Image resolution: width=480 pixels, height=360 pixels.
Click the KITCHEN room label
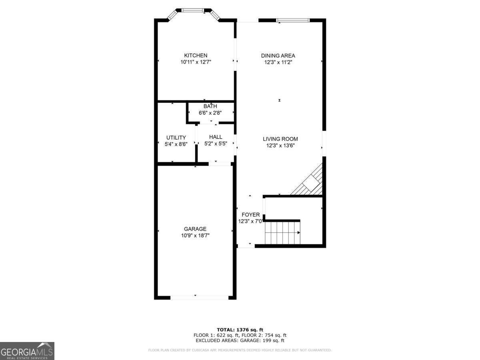tap(196, 56)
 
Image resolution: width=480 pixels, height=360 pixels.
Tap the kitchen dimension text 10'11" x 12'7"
tap(196, 62)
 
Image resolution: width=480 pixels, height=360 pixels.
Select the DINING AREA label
tap(278, 56)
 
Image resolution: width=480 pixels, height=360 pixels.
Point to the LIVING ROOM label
tap(280, 139)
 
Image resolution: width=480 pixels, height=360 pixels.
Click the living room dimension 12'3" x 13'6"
tap(280, 146)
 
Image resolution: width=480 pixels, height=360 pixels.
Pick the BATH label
tap(210, 106)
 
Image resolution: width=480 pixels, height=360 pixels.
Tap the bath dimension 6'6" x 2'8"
tap(210, 113)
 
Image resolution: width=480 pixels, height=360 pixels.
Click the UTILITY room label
tap(176, 138)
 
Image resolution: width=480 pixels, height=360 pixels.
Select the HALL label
tap(216, 137)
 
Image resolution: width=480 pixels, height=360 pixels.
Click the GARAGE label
tap(195, 229)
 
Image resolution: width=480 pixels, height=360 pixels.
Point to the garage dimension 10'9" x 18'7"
tap(195, 236)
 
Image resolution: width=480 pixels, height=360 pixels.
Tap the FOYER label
tap(250, 215)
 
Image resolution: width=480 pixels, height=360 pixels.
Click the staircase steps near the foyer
tap(282, 233)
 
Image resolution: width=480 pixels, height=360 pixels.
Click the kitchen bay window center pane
tap(193, 10)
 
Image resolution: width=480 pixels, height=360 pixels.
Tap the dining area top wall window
tap(293, 20)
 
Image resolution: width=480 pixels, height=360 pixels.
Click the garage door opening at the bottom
tap(199, 297)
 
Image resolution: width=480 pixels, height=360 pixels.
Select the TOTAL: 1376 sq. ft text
tap(240, 330)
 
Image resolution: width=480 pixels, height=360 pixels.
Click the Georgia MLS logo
tap(27, 351)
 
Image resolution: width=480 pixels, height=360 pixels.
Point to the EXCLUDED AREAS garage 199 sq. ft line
tap(240, 341)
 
